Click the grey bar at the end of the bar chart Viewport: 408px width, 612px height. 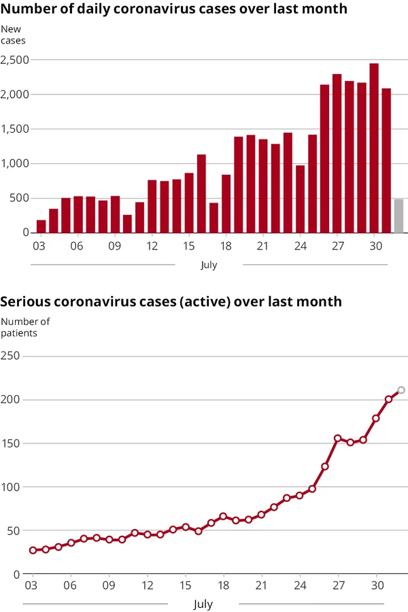point(398,216)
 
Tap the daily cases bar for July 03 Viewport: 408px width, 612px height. point(41,226)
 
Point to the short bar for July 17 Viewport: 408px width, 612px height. point(214,218)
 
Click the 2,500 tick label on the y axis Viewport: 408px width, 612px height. point(14,60)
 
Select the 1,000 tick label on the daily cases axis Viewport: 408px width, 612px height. point(14,163)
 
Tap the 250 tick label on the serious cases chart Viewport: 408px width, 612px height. point(10,356)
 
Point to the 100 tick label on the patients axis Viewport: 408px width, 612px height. point(10,487)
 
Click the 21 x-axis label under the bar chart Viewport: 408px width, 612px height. point(262,246)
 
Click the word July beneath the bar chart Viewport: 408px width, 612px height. point(209,265)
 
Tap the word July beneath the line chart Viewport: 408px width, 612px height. point(203,604)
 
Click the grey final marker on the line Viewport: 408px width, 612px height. point(401,390)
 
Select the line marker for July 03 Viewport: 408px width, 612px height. point(33,550)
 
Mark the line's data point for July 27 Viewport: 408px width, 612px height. point(337,439)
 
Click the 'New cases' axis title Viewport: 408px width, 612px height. point(13,35)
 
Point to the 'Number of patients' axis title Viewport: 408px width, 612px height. point(25,327)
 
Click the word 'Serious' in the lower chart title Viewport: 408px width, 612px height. point(24,301)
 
